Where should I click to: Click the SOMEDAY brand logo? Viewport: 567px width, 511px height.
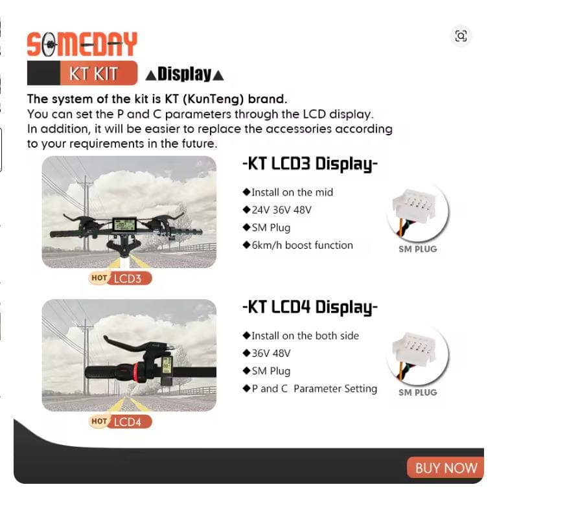point(82,44)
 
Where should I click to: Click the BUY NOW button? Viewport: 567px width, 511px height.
point(446,468)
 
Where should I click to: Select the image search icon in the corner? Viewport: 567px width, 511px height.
point(461,36)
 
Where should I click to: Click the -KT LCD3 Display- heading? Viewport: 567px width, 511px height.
point(310,164)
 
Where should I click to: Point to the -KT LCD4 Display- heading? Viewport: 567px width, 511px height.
point(310,307)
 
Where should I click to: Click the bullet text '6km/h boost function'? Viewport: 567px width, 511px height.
point(302,245)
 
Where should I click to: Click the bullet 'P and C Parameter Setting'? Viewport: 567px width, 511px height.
point(314,389)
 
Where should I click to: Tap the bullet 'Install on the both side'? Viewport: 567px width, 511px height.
point(305,335)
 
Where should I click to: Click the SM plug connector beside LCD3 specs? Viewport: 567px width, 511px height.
point(418,211)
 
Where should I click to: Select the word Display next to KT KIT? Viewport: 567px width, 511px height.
point(185,74)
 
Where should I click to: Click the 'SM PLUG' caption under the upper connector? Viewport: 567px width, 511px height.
point(418,249)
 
